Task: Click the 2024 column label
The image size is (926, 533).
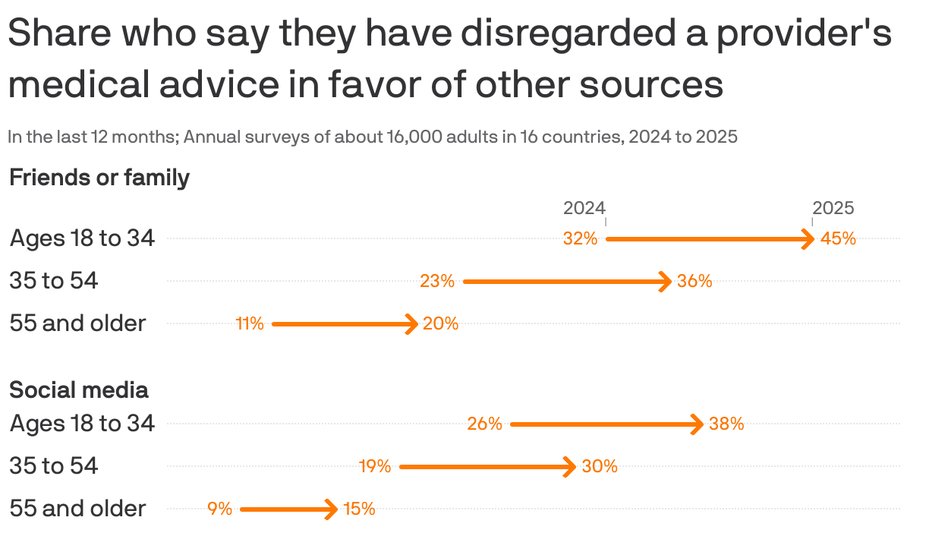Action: tap(584, 208)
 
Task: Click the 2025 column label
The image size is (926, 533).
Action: tap(833, 208)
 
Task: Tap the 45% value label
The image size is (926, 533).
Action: tap(838, 239)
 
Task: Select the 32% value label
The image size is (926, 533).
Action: tap(580, 239)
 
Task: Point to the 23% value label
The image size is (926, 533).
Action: tap(437, 282)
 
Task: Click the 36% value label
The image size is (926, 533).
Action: tap(694, 282)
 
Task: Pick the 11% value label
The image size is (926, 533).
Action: tap(250, 324)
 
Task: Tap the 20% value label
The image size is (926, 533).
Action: tap(440, 324)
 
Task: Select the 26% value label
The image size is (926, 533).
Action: tap(484, 424)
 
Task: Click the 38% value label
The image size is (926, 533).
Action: tap(726, 424)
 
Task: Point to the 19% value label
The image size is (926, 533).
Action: tap(375, 467)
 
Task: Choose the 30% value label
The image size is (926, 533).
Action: tap(600, 467)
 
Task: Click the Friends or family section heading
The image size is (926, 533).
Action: tap(99, 178)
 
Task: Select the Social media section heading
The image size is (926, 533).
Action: tap(78, 390)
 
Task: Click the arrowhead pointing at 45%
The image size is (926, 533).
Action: tap(810, 239)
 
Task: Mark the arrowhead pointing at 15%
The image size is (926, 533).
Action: tap(332, 509)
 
